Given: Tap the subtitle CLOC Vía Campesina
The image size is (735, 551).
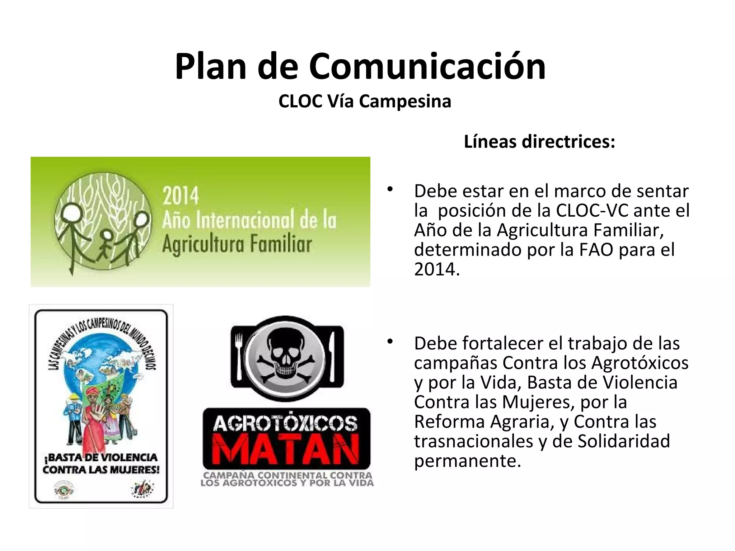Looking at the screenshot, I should click(365, 101).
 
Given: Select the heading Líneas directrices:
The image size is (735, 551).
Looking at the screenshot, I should click(539, 142).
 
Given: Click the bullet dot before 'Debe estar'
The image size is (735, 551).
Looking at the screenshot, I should click(390, 189).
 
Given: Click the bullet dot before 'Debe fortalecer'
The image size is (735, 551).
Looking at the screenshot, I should click(390, 342).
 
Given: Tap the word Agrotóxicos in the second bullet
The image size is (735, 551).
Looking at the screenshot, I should click(640, 363).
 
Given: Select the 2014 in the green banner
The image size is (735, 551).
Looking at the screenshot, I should click(181, 196).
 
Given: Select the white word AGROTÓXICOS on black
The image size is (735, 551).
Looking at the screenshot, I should click(286, 424).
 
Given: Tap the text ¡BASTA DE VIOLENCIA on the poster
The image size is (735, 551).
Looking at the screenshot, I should click(101, 458).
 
